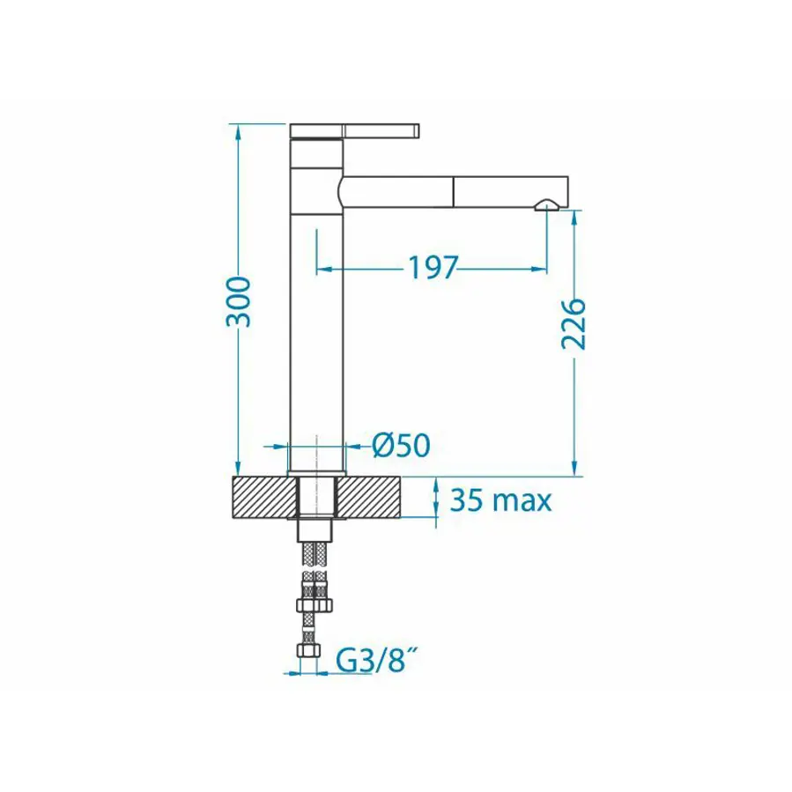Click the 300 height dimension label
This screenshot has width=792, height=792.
[x=238, y=301]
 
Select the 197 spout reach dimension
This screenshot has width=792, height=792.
[x=433, y=268]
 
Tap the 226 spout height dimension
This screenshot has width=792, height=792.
[x=574, y=324]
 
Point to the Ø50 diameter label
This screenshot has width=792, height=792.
[x=401, y=445]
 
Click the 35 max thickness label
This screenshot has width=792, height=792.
[x=500, y=500]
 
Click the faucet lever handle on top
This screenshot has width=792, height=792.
[x=354, y=130]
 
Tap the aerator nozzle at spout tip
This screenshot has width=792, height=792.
[x=546, y=204]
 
